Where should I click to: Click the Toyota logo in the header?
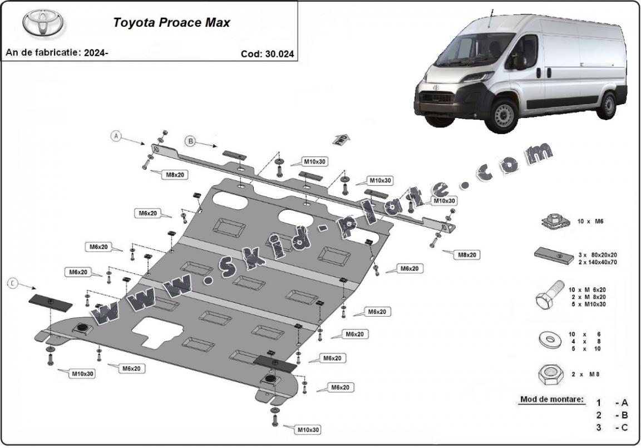tap(43, 23)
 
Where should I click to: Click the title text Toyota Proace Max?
tap(171, 23)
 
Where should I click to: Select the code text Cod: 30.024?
tap(267, 54)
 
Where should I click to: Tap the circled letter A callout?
tap(116, 136)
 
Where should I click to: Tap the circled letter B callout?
tap(190, 141)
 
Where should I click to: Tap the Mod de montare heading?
tap(552, 399)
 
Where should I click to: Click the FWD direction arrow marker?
tap(341, 140)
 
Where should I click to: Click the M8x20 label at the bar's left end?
tap(174, 175)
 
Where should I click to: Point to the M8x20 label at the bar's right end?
tap(467, 254)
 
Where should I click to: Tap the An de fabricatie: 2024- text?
tap(57, 53)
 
